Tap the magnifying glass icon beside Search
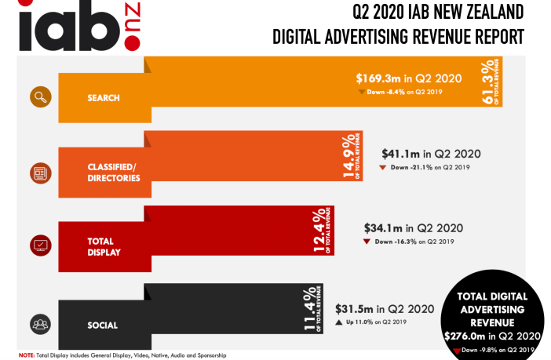pos(40,97)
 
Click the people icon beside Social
pos(40,322)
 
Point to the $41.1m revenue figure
pos(400,154)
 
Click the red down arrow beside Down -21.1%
pos(382,168)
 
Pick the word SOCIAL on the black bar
pos(102,325)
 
